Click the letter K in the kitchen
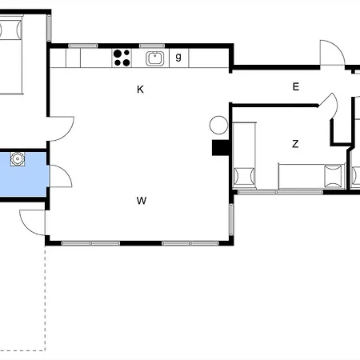(140, 90)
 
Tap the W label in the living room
(141, 201)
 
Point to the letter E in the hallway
(295, 86)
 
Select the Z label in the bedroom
(295, 144)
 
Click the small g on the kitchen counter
(178, 56)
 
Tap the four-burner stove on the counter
(122, 57)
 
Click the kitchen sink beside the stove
(154, 57)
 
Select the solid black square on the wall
(218, 147)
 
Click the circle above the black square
(218, 125)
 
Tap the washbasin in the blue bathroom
(17, 159)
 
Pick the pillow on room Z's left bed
(243, 174)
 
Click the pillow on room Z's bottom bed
(331, 175)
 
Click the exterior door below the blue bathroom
(32, 221)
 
